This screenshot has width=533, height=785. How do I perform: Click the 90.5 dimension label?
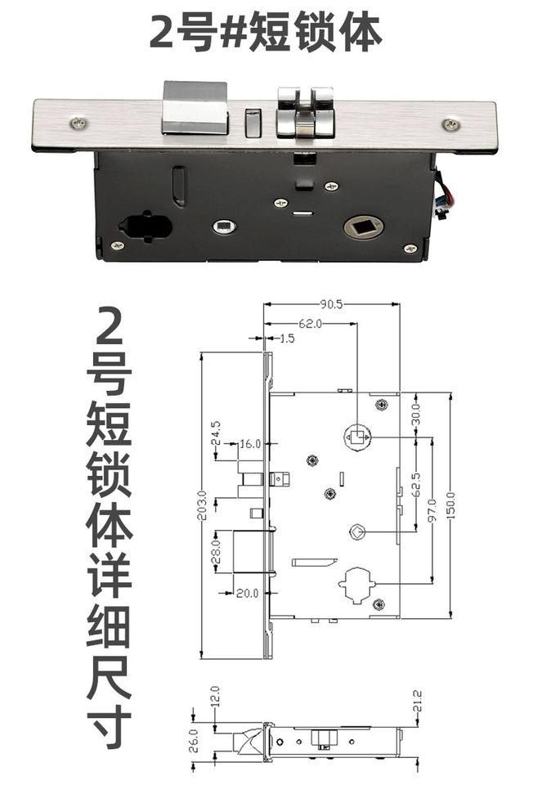(x=331, y=304)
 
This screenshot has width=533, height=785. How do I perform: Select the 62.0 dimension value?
(x=311, y=324)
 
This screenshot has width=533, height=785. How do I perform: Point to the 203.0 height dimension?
(x=203, y=505)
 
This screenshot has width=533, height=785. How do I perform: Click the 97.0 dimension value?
(x=433, y=509)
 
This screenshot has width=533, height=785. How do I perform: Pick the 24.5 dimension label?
(x=217, y=433)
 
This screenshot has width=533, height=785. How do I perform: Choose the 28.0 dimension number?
(x=217, y=550)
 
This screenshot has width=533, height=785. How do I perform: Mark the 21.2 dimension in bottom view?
(x=418, y=701)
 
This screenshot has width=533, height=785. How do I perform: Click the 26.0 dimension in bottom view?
(x=195, y=741)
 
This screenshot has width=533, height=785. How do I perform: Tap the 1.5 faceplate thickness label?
(x=286, y=339)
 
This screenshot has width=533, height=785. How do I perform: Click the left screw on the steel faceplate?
(x=78, y=123)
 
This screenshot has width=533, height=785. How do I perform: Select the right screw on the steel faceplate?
(x=450, y=124)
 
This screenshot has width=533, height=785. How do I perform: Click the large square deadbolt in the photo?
(x=195, y=108)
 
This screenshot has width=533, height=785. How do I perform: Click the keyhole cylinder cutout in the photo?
(x=146, y=227)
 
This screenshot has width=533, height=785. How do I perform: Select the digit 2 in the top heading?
(x=161, y=32)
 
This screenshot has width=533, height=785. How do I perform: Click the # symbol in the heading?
(x=234, y=33)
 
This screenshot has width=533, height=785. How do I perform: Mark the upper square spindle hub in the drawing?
(x=357, y=437)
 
